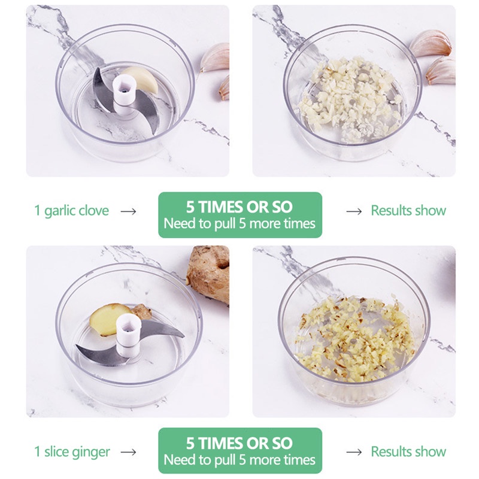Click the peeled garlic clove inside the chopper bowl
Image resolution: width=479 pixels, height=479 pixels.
click(142, 78)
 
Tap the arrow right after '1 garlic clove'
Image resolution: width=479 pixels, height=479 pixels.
click(128, 211)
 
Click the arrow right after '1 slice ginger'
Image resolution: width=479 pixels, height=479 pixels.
click(128, 452)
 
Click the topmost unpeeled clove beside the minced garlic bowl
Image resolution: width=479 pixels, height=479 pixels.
click(430, 43)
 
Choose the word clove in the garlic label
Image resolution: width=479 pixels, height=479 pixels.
click(95, 211)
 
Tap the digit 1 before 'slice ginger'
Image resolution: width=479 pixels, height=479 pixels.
click(37, 451)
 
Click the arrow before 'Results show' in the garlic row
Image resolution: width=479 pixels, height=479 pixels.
click(354, 211)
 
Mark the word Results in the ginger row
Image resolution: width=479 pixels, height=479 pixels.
click(392, 451)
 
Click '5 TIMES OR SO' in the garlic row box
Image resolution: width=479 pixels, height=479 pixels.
click(240, 207)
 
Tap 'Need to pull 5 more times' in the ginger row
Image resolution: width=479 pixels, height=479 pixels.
click(240, 460)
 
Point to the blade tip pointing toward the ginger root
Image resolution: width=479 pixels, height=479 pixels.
click(183, 336)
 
